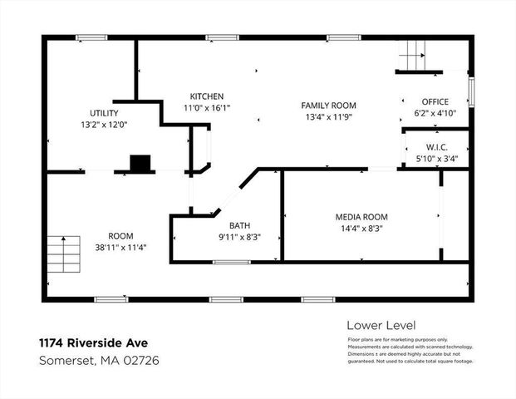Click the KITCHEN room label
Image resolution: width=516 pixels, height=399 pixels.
(206, 96)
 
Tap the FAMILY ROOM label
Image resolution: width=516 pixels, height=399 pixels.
(328, 106)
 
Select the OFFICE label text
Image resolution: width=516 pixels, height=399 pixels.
(435, 101)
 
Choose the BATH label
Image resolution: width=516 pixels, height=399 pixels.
(239, 225)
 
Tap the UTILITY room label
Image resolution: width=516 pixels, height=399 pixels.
(104, 113)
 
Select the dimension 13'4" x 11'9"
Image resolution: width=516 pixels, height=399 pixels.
(328, 117)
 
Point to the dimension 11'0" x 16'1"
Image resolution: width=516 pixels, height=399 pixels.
(206, 108)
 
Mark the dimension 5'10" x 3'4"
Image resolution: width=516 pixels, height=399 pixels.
(437, 159)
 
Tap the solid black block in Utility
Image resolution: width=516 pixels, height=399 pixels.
(141, 163)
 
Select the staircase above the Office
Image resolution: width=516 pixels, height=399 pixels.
(412, 56)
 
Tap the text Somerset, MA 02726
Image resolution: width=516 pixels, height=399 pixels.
(99, 360)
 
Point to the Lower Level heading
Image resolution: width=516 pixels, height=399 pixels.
(380, 325)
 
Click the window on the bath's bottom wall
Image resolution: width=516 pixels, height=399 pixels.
(231, 262)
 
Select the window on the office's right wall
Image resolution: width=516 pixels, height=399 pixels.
(470, 91)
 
